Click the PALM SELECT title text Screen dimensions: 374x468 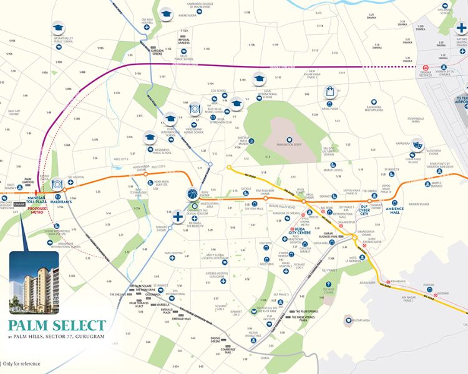(57, 325)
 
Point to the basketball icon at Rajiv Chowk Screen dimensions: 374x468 (192, 194)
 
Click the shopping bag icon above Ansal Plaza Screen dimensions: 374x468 (330, 92)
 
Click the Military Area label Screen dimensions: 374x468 (361, 320)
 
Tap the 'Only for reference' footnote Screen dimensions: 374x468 (21, 363)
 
